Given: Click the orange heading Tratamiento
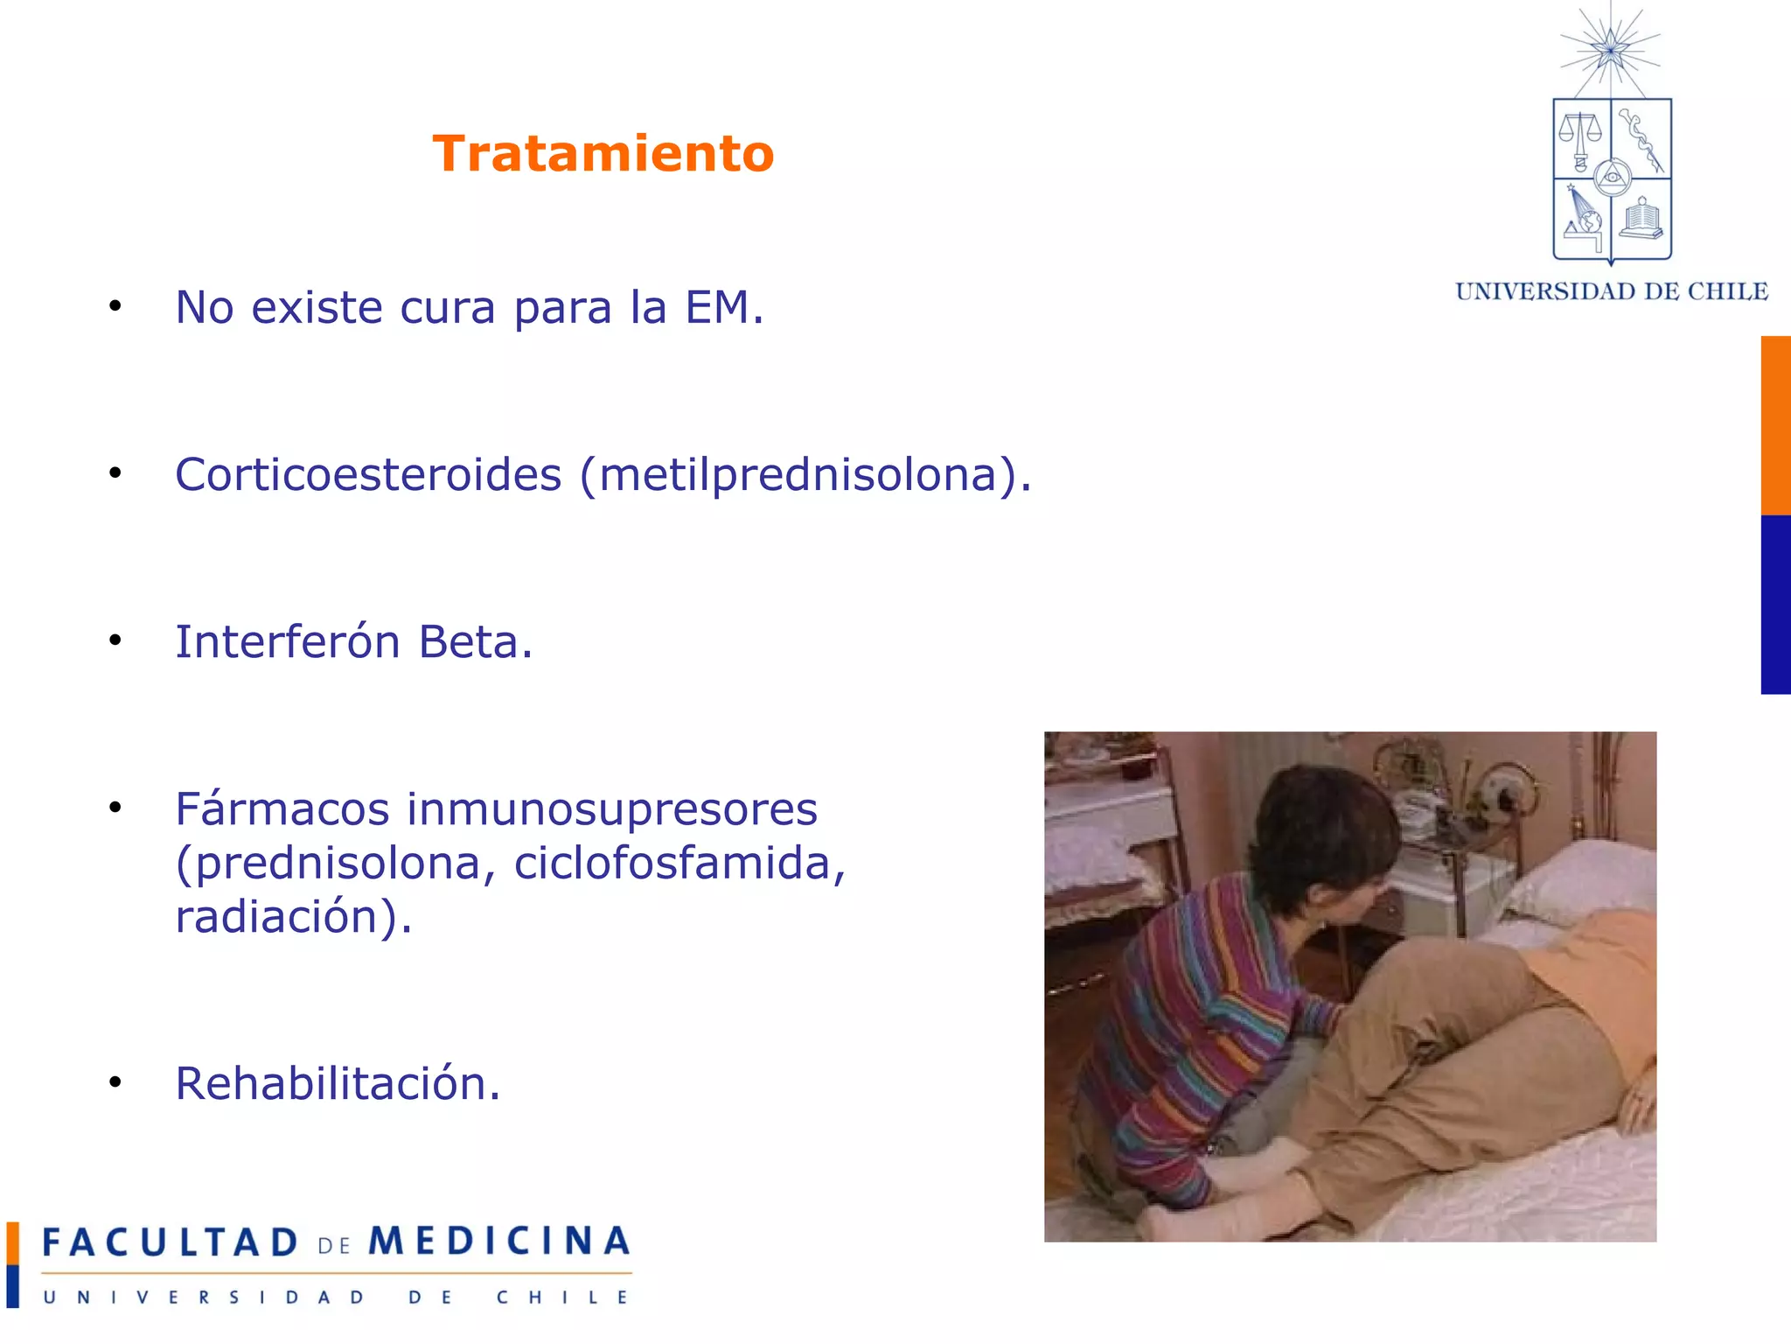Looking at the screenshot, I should click(603, 154).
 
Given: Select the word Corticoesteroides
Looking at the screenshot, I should click(368, 475).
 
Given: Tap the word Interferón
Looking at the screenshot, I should click(288, 641).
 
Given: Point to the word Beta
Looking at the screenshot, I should click(475, 641).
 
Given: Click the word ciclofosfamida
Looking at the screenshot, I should click(679, 864).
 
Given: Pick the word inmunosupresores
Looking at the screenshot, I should click(611, 808).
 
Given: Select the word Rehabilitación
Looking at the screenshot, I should click(338, 1083).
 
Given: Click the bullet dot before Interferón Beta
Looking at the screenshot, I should click(115, 640).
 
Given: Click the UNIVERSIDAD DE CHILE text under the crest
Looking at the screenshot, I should click(1612, 291).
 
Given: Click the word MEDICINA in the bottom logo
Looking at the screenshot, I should click(499, 1242).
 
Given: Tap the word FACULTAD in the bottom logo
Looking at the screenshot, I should click(171, 1242).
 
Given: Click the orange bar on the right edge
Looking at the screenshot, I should click(1775, 425).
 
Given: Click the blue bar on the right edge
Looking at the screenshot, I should click(1775, 605).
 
